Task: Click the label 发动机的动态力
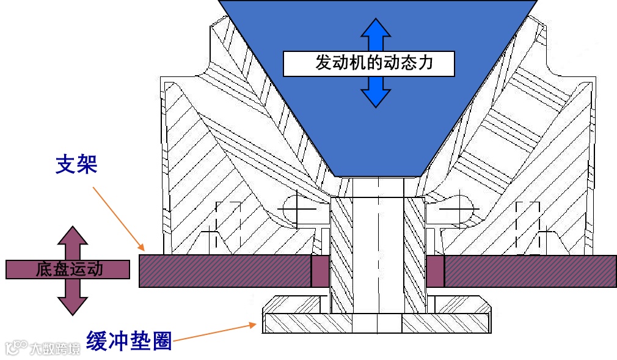(369, 63)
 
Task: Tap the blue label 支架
(76, 164)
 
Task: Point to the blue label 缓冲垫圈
(128, 340)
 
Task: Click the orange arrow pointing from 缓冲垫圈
(214, 332)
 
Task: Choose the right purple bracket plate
(529, 271)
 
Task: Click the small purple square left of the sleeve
(320, 271)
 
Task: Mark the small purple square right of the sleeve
(435, 271)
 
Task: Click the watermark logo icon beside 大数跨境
(16, 348)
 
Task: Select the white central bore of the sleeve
(378, 251)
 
